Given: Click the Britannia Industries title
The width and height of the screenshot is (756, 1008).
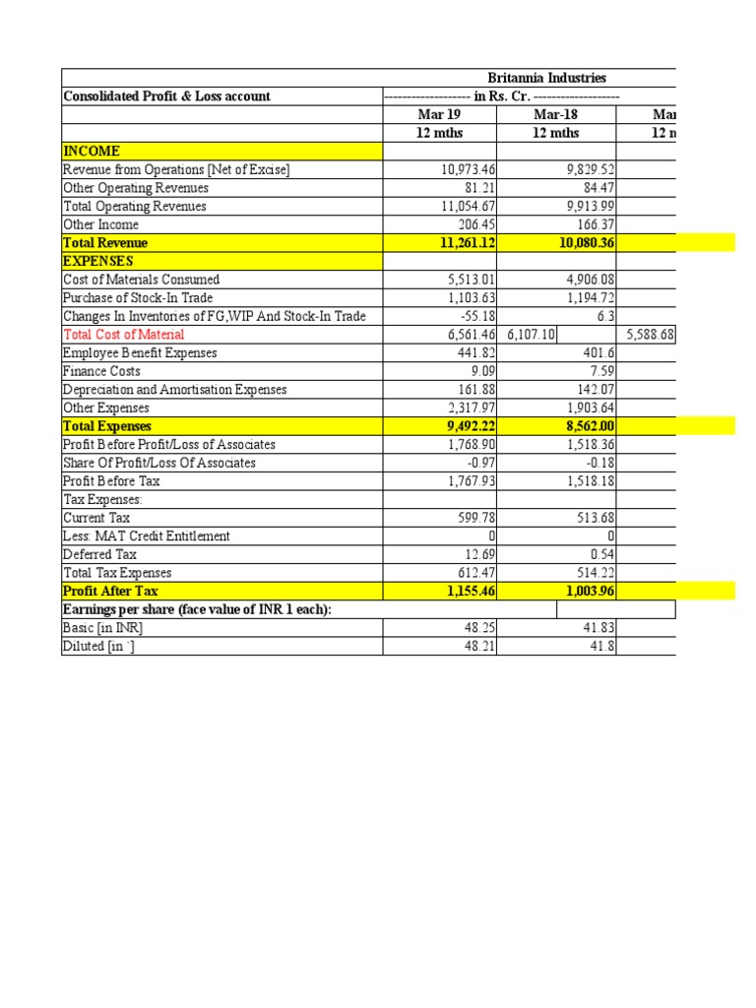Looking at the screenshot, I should pyautogui.click(x=546, y=78).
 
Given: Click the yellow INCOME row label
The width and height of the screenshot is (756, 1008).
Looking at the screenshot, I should pyautogui.click(x=92, y=152).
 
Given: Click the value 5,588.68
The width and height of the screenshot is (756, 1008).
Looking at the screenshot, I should pyautogui.click(x=649, y=335).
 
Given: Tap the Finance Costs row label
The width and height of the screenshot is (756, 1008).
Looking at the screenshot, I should pyautogui.click(x=101, y=371).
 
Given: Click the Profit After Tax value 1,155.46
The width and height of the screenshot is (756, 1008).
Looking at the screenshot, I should pyautogui.click(x=468, y=592).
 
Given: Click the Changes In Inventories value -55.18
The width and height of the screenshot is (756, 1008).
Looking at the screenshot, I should pyautogui.click(x=473, y=316).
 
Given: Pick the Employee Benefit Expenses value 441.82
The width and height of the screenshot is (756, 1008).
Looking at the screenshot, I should pyautogui.click(x=473, y=352).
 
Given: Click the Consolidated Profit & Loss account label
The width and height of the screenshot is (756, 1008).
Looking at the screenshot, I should pyautogui.click(x=166, y=96).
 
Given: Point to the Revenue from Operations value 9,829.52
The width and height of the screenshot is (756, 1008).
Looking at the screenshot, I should pyautogui.click(x=589, y=170).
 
